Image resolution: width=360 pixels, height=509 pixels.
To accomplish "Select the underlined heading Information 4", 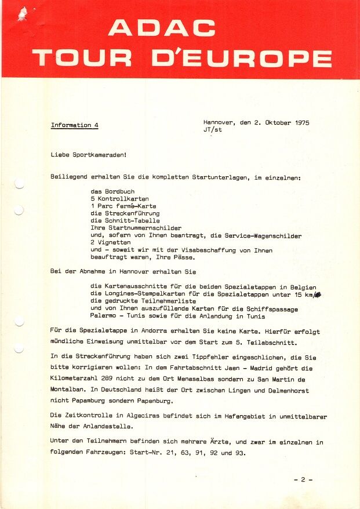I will click(x=75, y=125).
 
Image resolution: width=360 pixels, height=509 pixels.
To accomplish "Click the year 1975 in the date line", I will click(x=301, y=123).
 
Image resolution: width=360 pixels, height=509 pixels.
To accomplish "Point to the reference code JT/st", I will click(x=213, y=130).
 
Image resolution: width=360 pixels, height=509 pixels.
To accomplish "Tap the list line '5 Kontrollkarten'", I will click(x=119, y=198).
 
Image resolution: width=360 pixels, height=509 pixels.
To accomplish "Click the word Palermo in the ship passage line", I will click(x=107, y=317).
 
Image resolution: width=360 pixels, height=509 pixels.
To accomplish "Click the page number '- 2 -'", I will click(x=303, y=479).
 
